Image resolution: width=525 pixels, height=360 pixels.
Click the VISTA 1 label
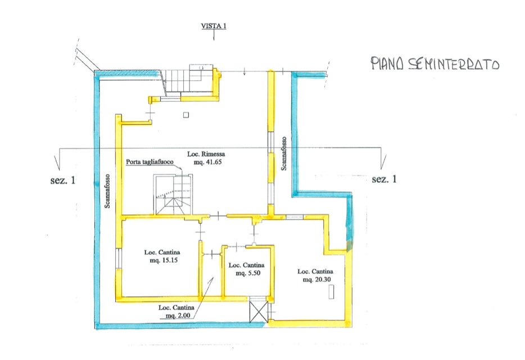point(213,26)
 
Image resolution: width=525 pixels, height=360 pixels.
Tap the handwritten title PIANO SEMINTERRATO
point(435,64)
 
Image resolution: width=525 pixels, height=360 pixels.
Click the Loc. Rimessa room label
point(206,154)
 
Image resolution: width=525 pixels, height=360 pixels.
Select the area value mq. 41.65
point(208,162)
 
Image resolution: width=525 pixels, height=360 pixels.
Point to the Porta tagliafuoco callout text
point(150,162)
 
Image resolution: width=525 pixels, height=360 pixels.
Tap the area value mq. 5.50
point(248,273)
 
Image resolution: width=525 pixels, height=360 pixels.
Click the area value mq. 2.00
point(178,316)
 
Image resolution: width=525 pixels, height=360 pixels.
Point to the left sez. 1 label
point(63,181)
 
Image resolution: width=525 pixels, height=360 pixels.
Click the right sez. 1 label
point(384,179)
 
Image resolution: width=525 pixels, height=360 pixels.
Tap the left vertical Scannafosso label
point(107,191)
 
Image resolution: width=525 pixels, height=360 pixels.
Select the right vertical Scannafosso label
point(284,153)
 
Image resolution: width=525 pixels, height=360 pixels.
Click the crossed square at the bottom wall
point(259,312)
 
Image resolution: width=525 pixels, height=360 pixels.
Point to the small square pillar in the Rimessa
point(186,115)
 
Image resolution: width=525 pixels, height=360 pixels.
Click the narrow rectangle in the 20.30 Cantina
point(332,291)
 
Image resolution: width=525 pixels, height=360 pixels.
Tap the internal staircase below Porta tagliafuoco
point(173,195)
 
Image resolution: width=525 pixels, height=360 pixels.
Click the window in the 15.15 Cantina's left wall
point(119,258)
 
